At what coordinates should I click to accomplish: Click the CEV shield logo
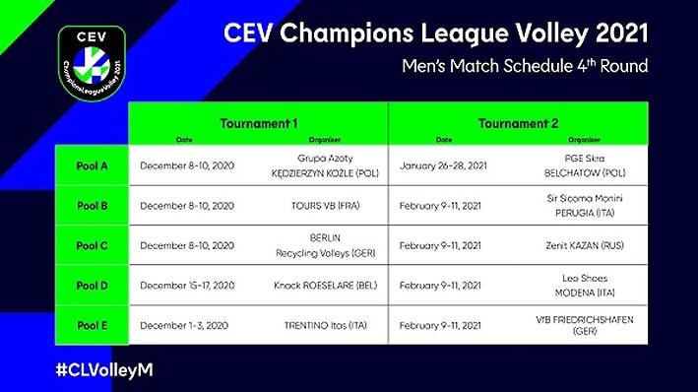tap(92, 61)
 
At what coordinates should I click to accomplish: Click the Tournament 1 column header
tap(258, 123)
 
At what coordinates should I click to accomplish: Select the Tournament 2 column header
tap(518, 123)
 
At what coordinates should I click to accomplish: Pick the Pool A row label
tap(92, 165)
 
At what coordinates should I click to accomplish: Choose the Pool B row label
tap(92, 206)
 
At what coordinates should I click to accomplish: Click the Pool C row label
tap(92, 245)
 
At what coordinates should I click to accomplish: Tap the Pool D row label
tap(92, 286)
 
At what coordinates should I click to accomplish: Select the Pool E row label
tap(92, 325)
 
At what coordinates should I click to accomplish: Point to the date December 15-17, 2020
tap(187, 286)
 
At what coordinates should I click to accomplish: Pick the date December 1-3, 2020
tap(183, 325)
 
